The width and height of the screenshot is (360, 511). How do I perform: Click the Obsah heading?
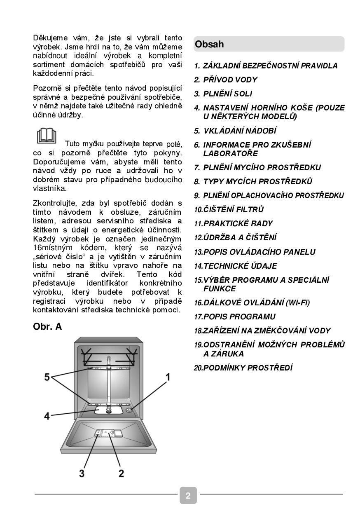tap(209, 45)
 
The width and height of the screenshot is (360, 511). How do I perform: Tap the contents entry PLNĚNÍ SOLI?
tap(223, 94)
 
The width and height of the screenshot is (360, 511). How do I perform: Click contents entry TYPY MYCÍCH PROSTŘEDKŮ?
tap(253, 182)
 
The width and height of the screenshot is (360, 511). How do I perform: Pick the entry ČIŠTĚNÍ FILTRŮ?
tap(229, 210)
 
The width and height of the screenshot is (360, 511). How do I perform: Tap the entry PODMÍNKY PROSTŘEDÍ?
tap(243, 368)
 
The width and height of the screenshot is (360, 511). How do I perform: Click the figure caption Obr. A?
tap(47, 327)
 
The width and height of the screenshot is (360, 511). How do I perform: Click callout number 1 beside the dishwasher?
tap(168, 376)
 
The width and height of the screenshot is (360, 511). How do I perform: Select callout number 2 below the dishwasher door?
tap(121, 473)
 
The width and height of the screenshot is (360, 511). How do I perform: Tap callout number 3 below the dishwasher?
tap(82, 473)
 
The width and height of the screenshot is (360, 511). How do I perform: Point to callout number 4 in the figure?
tap(47, 416)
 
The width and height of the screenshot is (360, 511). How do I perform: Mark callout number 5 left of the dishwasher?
tap(47, 377)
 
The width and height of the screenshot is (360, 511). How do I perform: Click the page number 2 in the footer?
tap(188, 495)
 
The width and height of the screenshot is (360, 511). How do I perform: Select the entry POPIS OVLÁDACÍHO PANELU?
tap(255, 252)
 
